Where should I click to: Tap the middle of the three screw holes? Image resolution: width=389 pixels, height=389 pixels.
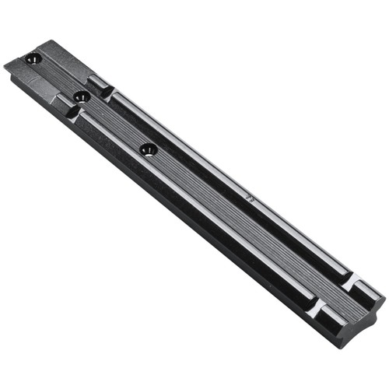[x=79, y=96]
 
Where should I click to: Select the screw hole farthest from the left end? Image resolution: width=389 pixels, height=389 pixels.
[x=147, y=148]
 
